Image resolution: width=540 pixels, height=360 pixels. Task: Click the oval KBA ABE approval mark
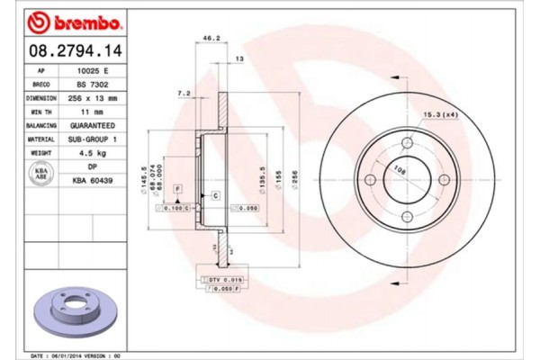[x=41, y=175]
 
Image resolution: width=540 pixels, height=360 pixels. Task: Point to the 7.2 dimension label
[x=184, y=93]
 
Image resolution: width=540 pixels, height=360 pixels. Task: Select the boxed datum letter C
[x=216, y=195]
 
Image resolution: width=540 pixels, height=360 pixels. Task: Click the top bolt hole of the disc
[x=406, y=144]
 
